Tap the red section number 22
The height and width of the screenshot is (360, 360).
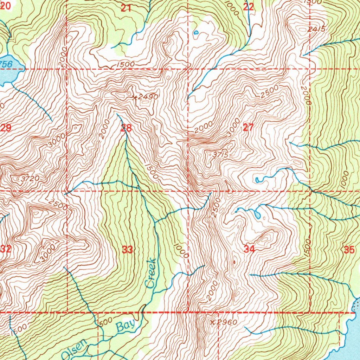click(x=249, y=7)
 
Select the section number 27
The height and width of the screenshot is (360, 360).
click(x=248, y=128)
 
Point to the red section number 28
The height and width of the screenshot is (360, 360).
click(x=126, y=128)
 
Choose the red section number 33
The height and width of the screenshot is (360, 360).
click(x=128, y=250)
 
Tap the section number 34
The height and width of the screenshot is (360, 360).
click(x=249, y=250)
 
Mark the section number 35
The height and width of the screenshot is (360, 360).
click(x=349, y=250)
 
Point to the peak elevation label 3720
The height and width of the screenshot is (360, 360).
click(x=30, y=179)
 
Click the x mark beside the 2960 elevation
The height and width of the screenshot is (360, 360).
click(x=212, y=322)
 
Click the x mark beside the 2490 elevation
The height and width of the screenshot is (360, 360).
click(x=134, y=97)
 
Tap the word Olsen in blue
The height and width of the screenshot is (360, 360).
click(x=74, y=348)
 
